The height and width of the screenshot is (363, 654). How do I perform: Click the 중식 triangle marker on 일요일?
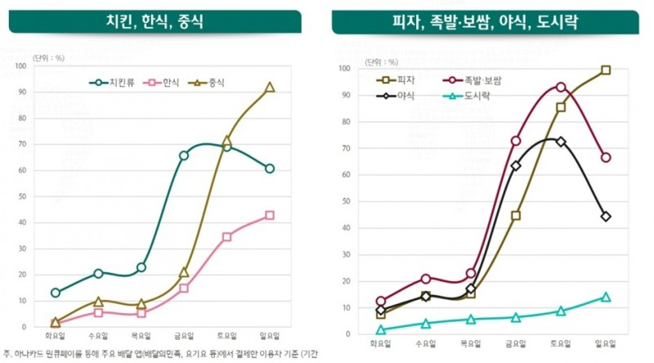point(270,87)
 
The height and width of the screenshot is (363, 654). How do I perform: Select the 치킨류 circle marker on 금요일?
point(184,155)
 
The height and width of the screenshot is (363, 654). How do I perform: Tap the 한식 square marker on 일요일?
point(270,216)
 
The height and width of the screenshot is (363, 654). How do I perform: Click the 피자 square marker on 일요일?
point(606,70)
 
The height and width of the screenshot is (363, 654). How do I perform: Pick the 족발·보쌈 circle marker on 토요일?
point(561,87)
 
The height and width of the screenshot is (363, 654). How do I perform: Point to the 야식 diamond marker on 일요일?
point(606,217)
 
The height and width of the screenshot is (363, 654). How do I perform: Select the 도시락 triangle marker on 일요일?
point(606,297)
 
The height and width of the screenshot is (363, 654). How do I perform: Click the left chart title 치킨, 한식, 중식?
point(155,22)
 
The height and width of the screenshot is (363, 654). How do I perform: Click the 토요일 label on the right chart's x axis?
point(561,344)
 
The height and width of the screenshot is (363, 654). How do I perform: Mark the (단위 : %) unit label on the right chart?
point(381,61)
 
